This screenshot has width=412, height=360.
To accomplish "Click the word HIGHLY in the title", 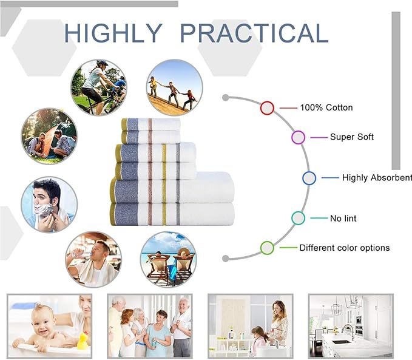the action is [113, 33].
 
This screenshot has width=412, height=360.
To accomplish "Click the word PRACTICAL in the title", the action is [254, 33].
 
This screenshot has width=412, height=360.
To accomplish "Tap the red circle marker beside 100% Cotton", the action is [267, 108].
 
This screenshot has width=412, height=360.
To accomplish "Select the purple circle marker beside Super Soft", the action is [298, 137].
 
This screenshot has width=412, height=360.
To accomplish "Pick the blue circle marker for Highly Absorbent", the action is [309, 178].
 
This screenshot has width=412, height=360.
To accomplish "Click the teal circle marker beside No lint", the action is [298, 218].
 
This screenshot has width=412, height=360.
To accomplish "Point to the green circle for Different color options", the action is [267, 248].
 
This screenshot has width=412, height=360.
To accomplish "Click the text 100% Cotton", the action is [326, 107].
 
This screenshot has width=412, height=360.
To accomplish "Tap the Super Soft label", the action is [352, 137].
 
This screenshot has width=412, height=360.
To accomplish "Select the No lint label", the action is [343, 219].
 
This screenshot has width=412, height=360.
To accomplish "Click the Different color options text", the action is [345, 248].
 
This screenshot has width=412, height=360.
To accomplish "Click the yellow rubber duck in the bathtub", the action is [83, 341].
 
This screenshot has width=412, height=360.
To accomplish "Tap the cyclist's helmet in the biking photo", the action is [102, 63].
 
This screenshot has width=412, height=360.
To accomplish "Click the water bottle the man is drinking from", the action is [79, 254].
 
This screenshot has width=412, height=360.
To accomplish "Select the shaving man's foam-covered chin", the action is [42, 211].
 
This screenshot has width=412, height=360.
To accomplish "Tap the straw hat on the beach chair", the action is [183, 252].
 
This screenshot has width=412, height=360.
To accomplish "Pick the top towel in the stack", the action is [151, 124].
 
